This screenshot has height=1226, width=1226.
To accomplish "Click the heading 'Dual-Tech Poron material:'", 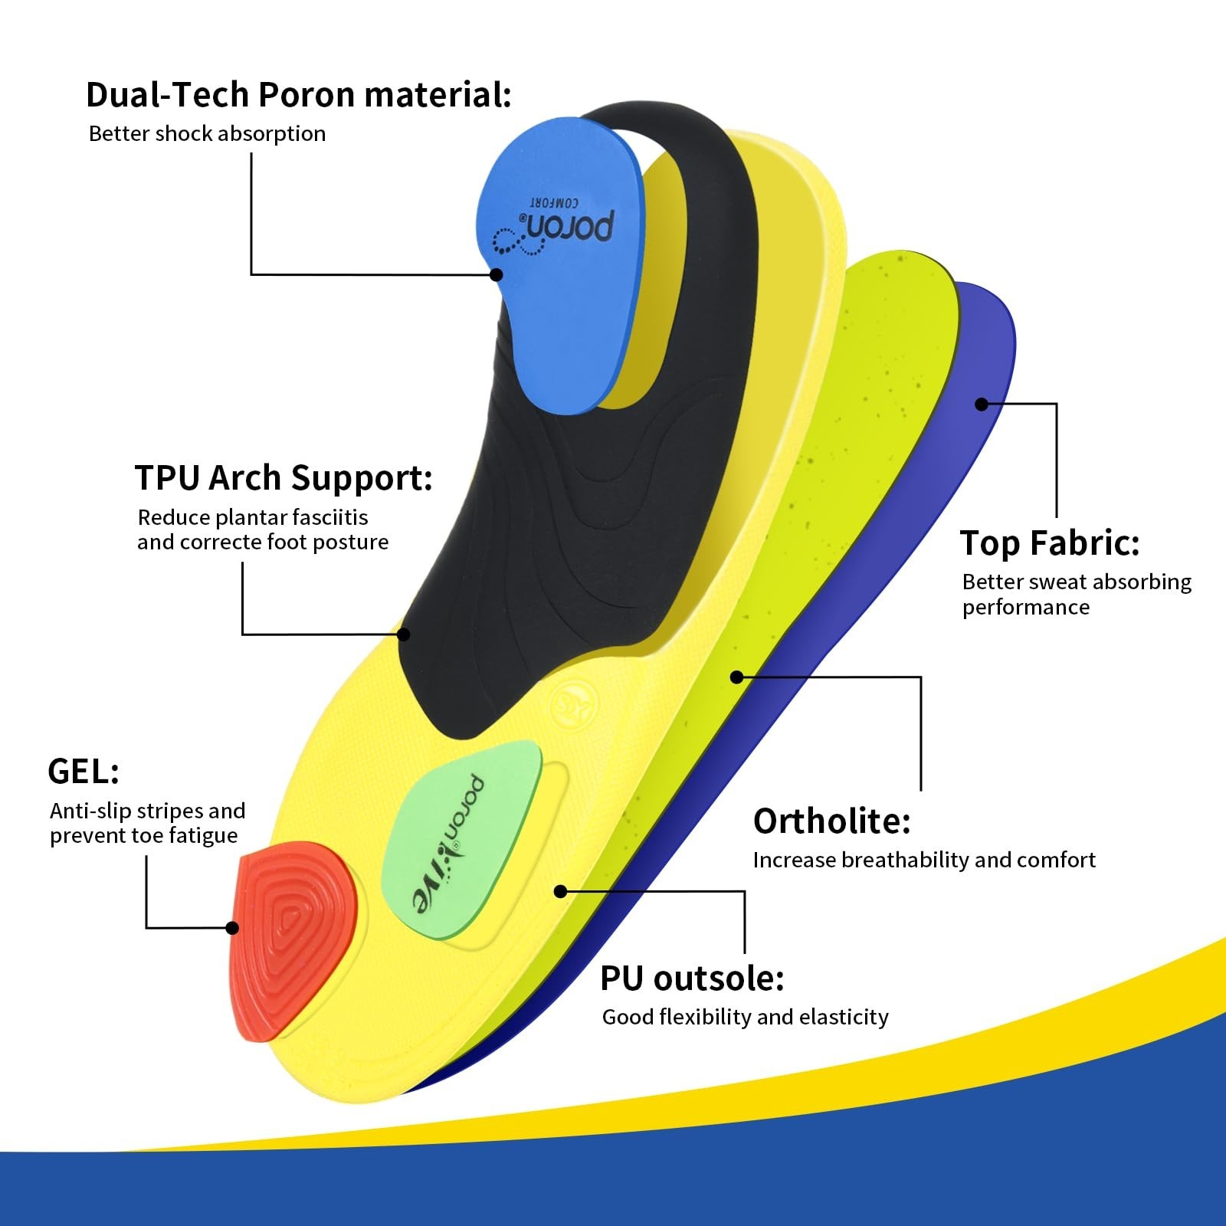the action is pyautogui.click(x=298, y=95).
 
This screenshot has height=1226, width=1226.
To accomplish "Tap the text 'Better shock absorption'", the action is pyautogui.click(x=207, y=134).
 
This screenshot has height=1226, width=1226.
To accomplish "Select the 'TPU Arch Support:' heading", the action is pyautogui.click(x=284, y=478).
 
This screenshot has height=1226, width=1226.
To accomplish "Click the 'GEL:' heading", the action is pyautogui.click(x=84, y=771).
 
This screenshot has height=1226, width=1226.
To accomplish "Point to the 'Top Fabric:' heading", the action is pyautogui.click(x=1050, y=543).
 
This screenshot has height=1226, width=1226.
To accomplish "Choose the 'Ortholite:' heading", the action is pyautogui.click(x=832, y=821).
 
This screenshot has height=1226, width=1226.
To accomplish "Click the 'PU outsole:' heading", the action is pyautogui.click(x=692, y=979).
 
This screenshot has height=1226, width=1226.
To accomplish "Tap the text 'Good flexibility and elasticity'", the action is pyautogui.click(x=745, y=1017).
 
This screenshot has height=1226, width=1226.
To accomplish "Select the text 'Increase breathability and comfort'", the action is pyautogui.click(x=924, y=860).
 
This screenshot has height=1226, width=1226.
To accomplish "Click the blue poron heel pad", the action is pyautogui.click(x=563, y=265).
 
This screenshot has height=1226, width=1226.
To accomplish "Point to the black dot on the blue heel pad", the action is pyautogui.click(x=497, y=274).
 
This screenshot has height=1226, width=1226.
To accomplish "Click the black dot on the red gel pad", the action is pyautogui.click(x=232, y=928).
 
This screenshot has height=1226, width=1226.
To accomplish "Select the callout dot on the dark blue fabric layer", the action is pyautogui.click(x=982, y=404).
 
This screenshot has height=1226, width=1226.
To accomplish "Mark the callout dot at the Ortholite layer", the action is pyautogui.click(x=736, y=677).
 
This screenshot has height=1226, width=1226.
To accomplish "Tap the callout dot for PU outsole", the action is pyautogui.click(x=560, y=891).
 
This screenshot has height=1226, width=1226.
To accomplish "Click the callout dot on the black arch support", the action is pyautogui.click(x=404, y=634).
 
